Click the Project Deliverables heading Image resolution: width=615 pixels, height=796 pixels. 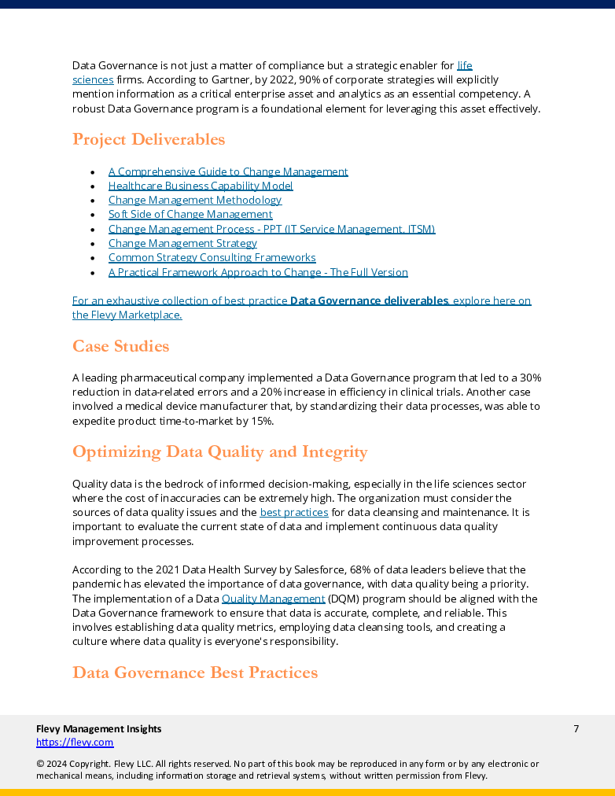[x=149, y=139]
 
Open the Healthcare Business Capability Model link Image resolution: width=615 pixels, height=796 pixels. [x=201, y=186]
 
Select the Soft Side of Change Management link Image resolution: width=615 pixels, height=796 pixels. [x=190, y=214]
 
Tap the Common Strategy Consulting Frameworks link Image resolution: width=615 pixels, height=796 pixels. [x=212, y=257]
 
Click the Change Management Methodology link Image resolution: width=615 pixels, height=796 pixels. [x=194, y=200]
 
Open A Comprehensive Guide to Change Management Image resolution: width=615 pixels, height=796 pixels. [x=228, y=171]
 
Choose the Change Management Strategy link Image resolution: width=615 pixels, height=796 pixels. [x=182, y=243]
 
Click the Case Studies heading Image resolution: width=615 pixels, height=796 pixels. [x=120, y=346]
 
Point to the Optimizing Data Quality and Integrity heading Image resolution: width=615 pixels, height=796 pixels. [x=219, y=451]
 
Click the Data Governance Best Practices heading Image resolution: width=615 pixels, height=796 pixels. [x=195, y=673]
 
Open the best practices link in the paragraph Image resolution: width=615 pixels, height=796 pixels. [x=293, y=512]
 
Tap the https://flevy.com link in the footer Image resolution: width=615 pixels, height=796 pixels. [x=75, y=742]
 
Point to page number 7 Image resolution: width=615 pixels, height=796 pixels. [x=576, y=728]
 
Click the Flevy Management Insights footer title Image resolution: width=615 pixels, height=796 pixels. [x=99, y=728]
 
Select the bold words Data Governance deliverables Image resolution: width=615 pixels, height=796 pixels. [x=369, y=300]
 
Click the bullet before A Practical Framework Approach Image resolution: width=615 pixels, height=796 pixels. [x=92, y=272]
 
